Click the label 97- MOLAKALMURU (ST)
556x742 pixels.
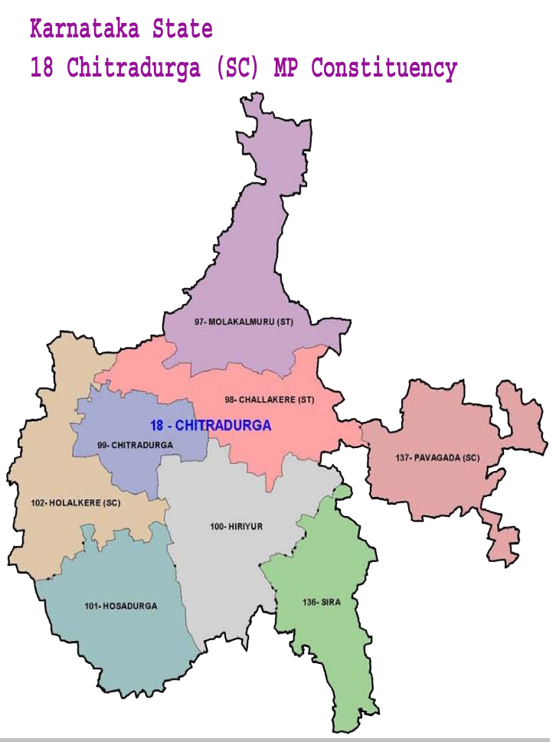coord(244,322)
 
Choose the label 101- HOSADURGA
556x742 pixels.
coord(121,606)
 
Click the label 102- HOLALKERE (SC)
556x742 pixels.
coord(76,503)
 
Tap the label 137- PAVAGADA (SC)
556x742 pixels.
coord(437,457)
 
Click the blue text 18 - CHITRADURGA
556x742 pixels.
coord(211,424)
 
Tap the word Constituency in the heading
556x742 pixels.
coord(384,68)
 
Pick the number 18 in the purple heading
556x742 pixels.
coord(42,68)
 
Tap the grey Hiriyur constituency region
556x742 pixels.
coord(230,567)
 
